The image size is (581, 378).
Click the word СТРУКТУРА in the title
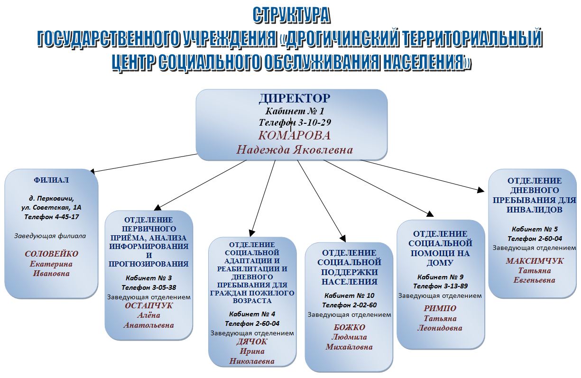[291, 16]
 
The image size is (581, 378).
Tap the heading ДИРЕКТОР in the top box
[295, 98]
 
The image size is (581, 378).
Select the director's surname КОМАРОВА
[295, 136]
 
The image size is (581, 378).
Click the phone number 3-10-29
[314, 122]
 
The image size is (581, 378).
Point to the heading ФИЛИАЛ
[51, 180]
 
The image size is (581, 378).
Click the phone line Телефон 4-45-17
[51, 217]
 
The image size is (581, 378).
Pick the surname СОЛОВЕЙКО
[51, 254]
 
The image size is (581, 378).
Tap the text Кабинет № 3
[148, 278]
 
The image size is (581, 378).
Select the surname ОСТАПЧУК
[148, 305]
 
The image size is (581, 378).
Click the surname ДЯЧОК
[251, 341]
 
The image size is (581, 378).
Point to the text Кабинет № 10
[350, 295]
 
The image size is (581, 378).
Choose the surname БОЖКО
[350, 327]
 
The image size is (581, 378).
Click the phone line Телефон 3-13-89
[440, 286]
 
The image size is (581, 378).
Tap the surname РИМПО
[440, 308]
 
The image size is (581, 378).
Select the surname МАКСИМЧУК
[535, 261]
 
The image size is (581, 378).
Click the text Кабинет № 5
[535, 229]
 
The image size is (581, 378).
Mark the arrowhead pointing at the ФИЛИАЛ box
[92, 172]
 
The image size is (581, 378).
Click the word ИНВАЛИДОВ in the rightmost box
[535, 210]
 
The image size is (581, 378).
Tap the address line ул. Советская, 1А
[51, 207]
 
